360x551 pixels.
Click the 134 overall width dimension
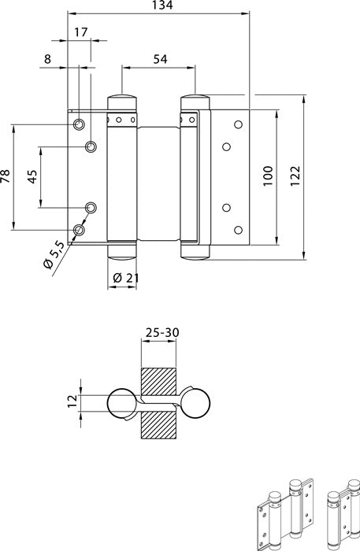pos(162,5)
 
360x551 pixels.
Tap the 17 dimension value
pos(80,32)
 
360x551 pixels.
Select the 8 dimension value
pos(47,59)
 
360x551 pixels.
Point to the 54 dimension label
pos(160,59)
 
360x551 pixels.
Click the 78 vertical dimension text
pos(6,176)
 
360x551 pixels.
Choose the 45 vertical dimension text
pos(32,176)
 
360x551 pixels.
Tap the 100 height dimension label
pos(268,176)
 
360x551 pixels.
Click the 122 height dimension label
pos(295,176)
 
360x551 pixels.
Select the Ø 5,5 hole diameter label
pos(54,255)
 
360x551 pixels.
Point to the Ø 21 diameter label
pos(126,279)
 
